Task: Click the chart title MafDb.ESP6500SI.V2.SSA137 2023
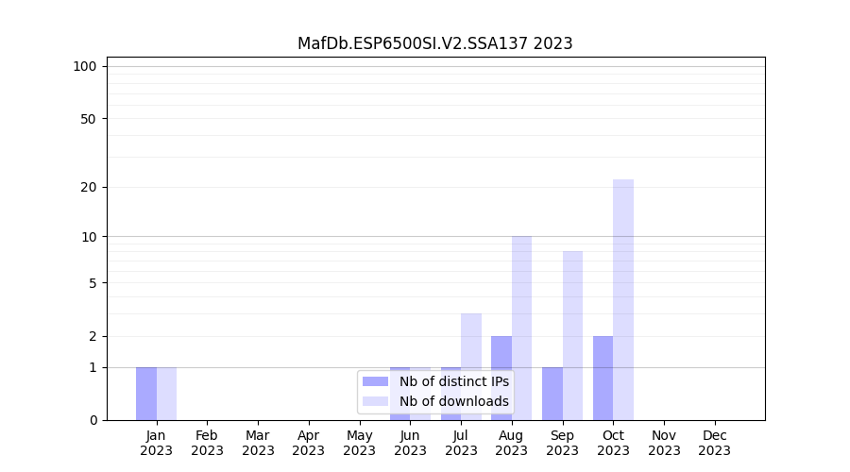pyautogui.click(x=434, y=43)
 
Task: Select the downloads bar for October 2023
pyautogui.click(x=623, y=299)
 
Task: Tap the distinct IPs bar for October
pyautogui.click(x=603, y=378)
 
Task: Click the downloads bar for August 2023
pyautogui.click(x=521, y=328)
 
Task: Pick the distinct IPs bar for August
pyautogui.click(x=501, y=378)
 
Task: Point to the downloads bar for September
pyautogui.click(x=572, y=335)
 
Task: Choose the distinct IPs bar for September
pyautogui.click(x=552, y=394)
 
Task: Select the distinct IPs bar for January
pyautogui.click(x=146, y=394)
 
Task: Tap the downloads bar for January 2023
pyautogui.click(x=166, y=394)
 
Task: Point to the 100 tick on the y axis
pyautogui.click(x=85, y=66)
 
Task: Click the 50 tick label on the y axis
pyautogui.click(x=89, y=119)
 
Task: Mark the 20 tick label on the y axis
pyautogui.click(x=89, y=187)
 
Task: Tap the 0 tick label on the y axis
pyautogui.click(x=93, y=420)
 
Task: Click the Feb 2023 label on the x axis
pyautogui.click(x=207, y=443)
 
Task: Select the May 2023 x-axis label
pyautogui.click(x=359, y=443)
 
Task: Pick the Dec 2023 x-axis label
pyautogui.click(x=715, y=443)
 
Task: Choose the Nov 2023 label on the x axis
pyautogui.click(x=664, y=443)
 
